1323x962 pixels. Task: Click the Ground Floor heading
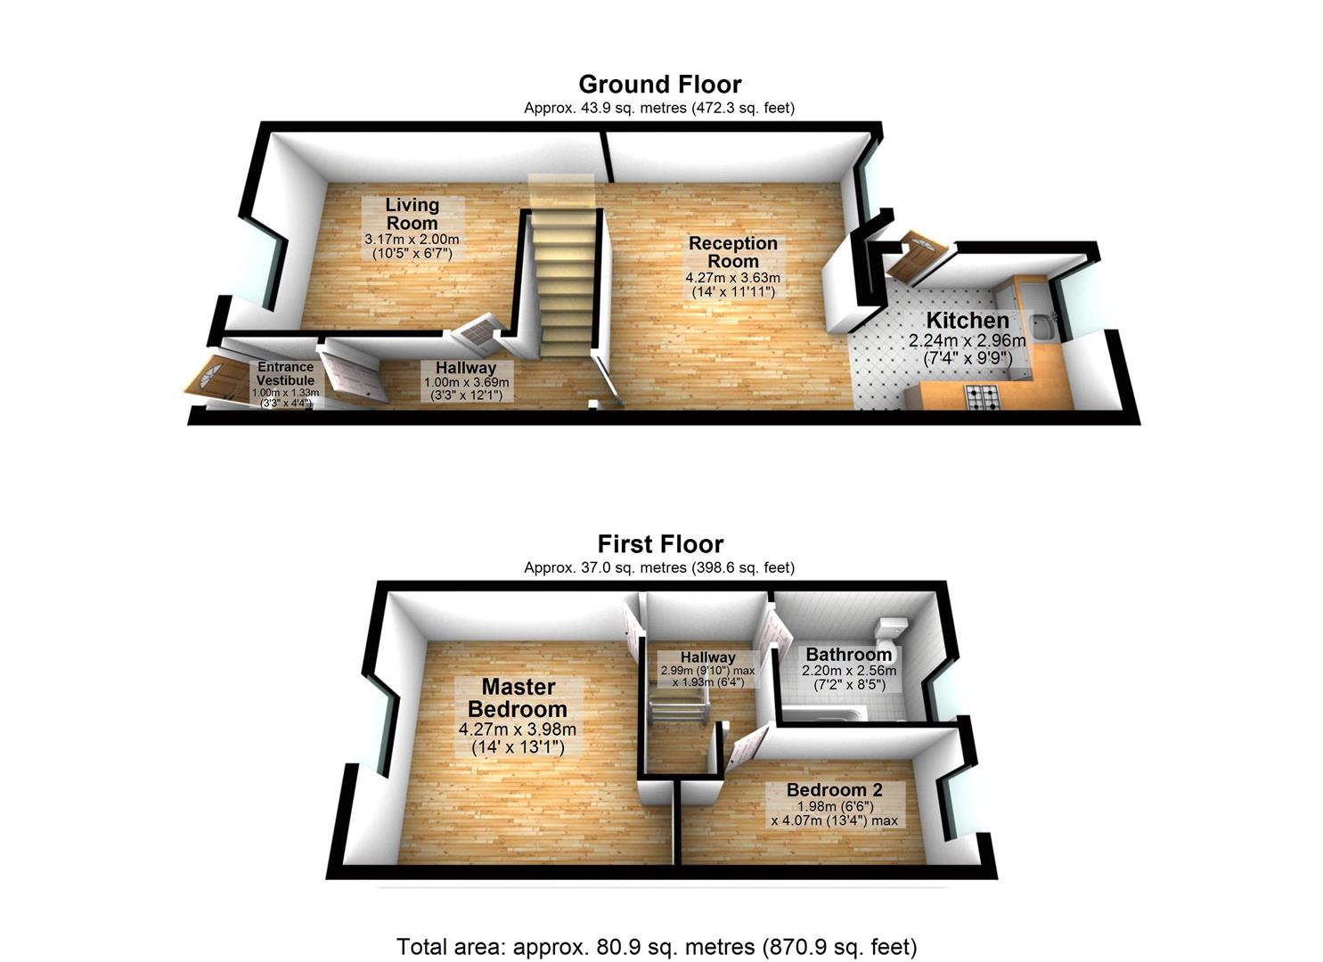pos(659,85)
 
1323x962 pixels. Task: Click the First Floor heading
pos(659,544)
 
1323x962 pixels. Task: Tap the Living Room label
pos(412,214)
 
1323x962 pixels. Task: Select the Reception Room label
pos(733,252)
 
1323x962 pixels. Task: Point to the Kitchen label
pos(968,321)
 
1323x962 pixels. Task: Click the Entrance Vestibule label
pos(285,373)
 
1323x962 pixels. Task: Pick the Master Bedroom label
pos(518,698)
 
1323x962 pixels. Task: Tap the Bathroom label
pos(848,655)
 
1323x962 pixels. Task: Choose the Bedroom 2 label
pos(834,790)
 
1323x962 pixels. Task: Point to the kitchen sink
pos(1041,326)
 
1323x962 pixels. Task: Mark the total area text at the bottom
pos(657,946)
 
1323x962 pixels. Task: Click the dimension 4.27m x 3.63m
pos(732,278)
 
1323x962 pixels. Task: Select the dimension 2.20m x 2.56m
pos(849,671)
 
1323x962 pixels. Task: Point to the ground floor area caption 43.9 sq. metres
pos(659,108)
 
